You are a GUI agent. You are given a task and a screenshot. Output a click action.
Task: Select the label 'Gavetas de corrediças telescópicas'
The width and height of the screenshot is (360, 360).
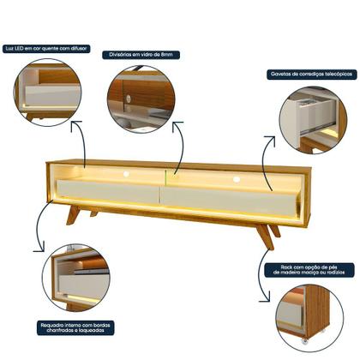(301, 75)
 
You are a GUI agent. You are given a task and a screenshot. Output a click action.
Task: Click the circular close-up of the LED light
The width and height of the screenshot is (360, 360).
(47, 93)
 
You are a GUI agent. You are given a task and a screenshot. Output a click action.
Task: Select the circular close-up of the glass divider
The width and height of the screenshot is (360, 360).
(141, 96)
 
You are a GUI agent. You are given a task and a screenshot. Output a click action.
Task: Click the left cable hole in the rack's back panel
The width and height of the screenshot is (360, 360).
(126, 174)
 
